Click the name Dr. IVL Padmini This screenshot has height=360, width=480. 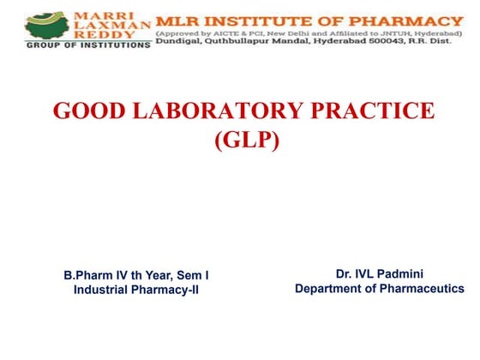click(380, 274)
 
